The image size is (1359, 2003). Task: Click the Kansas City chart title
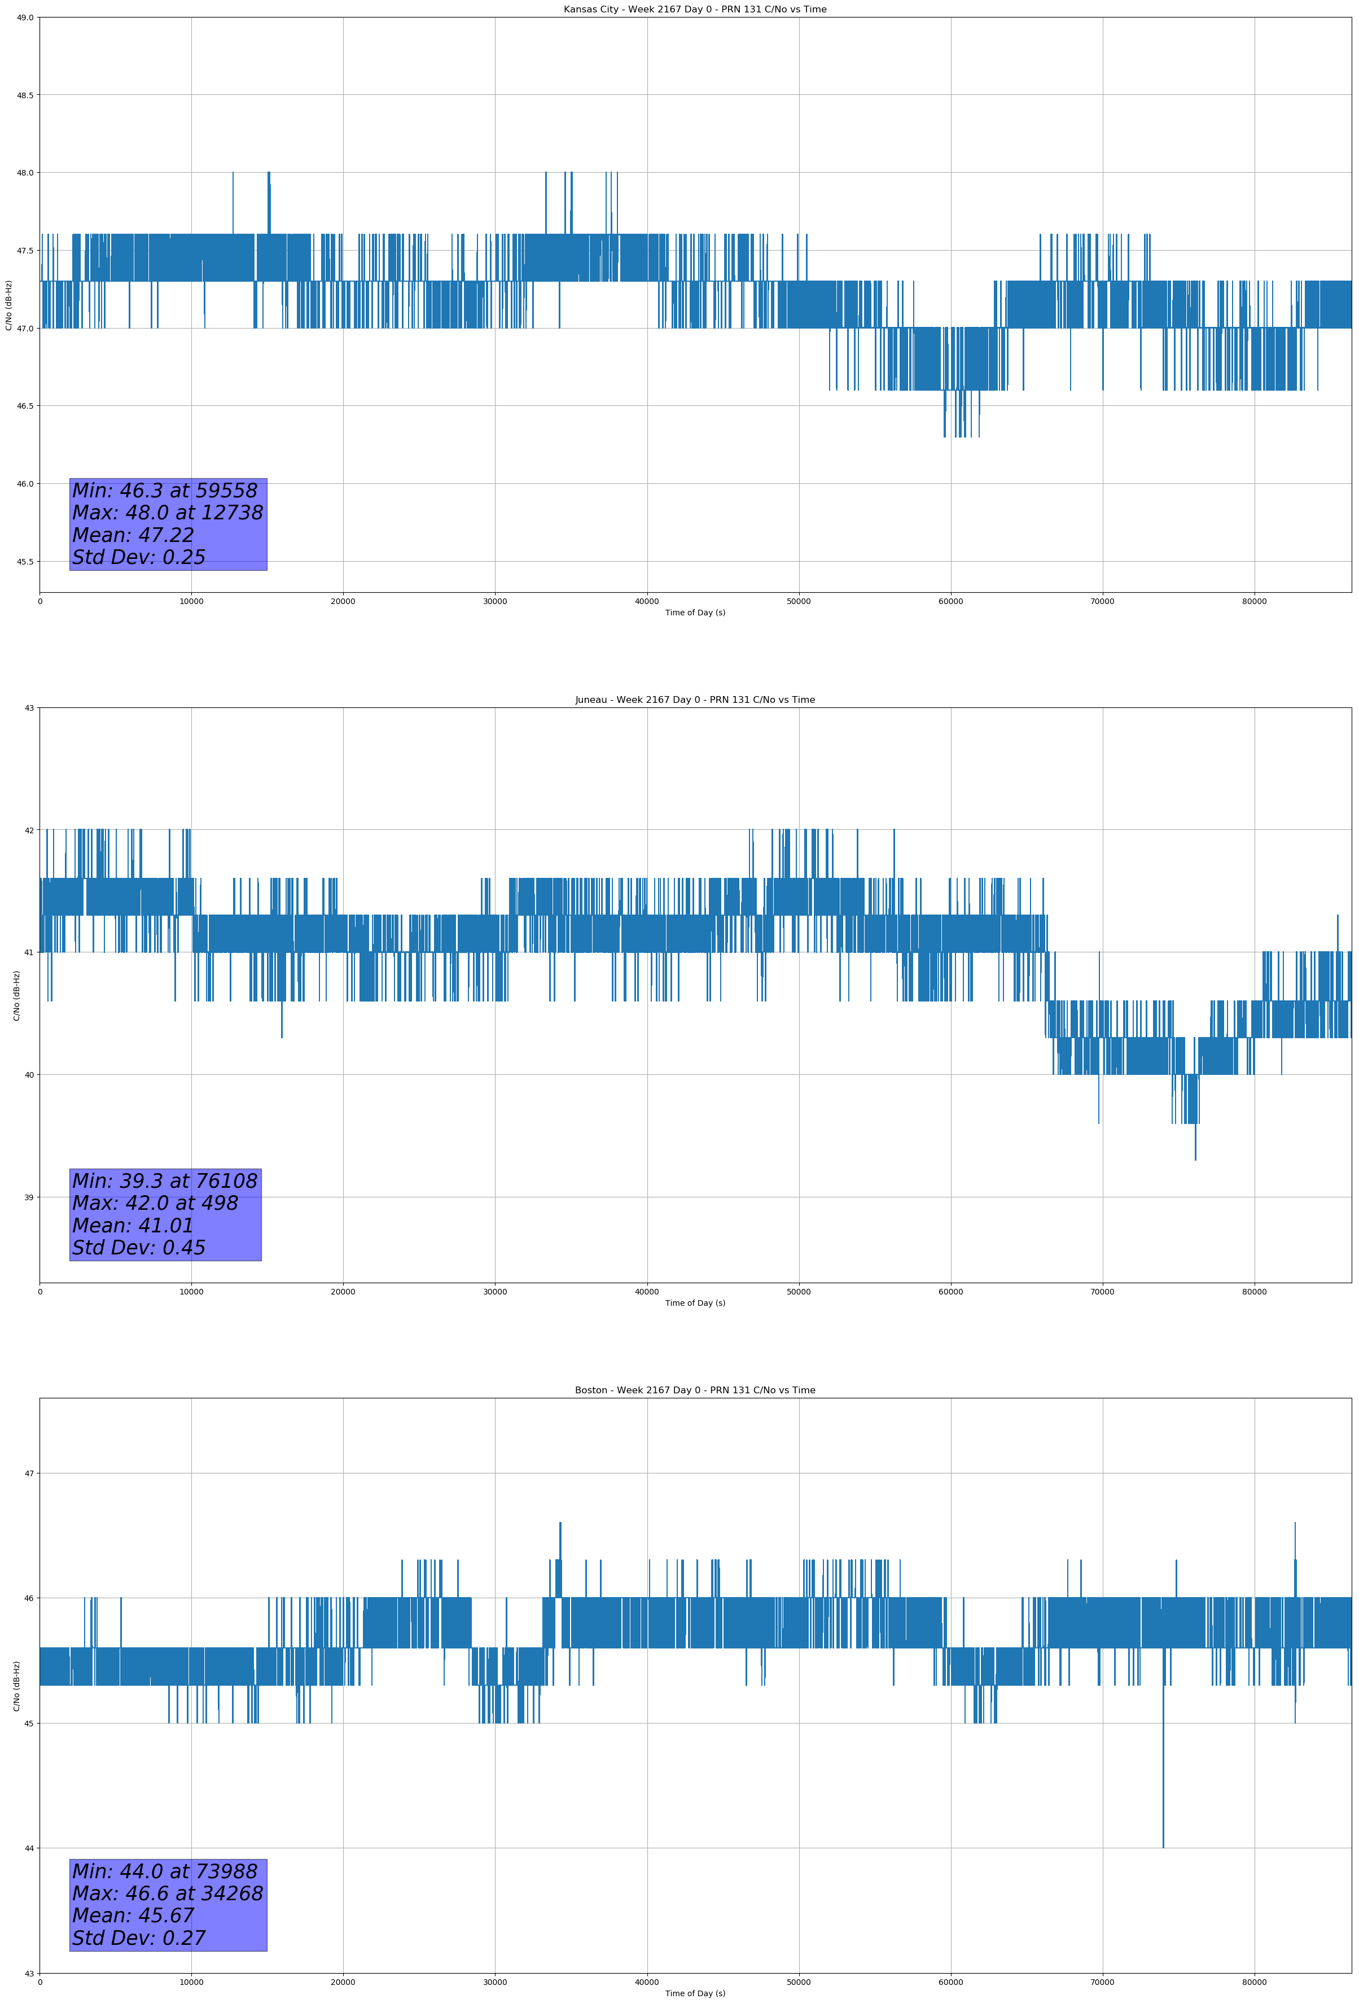tap(695, 10)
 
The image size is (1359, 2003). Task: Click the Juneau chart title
tap(695, 700)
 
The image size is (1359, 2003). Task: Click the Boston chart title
tap(695, 1390)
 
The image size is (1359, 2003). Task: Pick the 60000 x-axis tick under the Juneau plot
tap(950, 1292)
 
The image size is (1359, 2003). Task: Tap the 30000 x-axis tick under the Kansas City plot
tap(494, 602)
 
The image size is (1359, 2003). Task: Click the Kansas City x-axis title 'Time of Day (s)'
tap(695, 613)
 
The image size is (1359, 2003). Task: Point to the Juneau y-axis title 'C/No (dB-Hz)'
tap(16, 995)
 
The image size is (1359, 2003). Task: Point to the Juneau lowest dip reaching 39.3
tap(1195, 1157)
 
